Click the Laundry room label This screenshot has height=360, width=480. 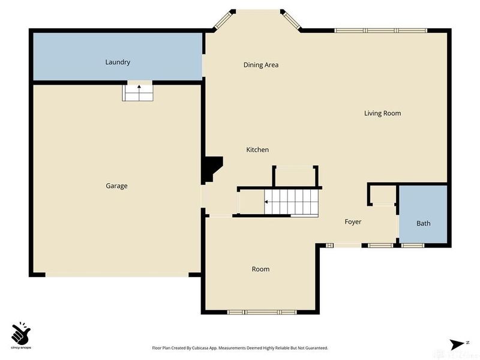pyautogui.click(x=118, y=62)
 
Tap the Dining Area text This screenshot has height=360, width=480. pyautogui.click(x=260, y=65)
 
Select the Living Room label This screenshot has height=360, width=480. pyautogui.click(x=382, y=113)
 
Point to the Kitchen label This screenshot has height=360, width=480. pyautogui.click(x=257, y=150)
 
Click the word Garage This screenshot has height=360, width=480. pyautogui.click(x=116, y=186)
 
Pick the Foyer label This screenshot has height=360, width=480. pyautogui.click(x=353, y=222)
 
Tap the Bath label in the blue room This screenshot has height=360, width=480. pyautogui.click(x=424, y=224)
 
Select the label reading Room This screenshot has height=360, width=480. pyautogui.click(x=260, y=269)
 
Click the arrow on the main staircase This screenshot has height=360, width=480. pyautogui.click(x=266, y=202)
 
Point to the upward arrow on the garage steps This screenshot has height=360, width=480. pyautogui.click(x=139, y=88)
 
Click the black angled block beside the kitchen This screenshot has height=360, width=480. pyautogui.click(x=212, y=169)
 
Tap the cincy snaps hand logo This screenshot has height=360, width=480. pyautogui.click(x=20, y=332)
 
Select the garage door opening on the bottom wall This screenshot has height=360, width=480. pyautogui.click(x=117, y=275)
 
